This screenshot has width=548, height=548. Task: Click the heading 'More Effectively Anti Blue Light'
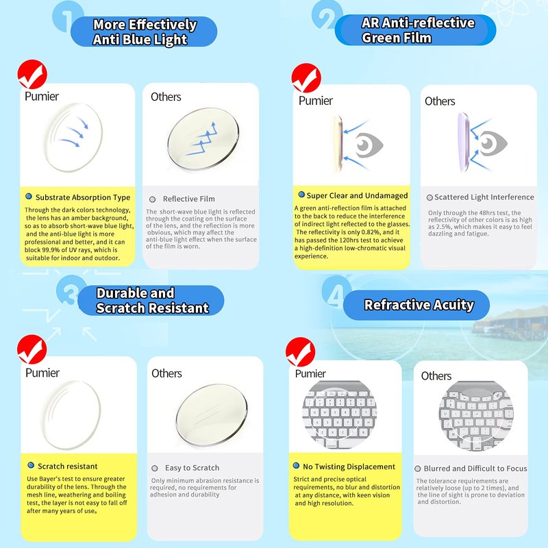point(145,32)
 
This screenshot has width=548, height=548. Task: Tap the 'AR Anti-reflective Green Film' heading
point(418,30)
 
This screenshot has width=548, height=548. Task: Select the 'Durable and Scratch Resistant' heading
point(152,300)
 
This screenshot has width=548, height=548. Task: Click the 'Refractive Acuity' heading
point(419,305)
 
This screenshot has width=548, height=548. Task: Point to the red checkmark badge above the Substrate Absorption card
point(32,74)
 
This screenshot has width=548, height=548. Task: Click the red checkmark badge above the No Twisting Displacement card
point(300,352)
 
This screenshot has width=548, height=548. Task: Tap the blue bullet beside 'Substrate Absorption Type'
point(29,197)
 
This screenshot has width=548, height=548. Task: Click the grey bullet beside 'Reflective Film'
point(152,199)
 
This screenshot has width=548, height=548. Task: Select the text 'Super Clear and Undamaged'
point(357,195)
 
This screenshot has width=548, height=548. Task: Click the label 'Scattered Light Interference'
point(484,197)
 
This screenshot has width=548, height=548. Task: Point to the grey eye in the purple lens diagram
point(493,143)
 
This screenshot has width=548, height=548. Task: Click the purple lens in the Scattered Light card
point(463,142)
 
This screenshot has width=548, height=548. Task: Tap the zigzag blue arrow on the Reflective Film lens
point(201,138)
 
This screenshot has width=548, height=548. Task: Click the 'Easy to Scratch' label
point(192,468)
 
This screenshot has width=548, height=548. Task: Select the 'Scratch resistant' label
point(67,466)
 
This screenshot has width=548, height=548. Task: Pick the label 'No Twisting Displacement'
point(349,466)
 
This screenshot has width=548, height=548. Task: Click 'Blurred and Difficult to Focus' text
point(475,469)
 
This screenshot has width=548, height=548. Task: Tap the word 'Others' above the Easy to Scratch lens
point(166,373)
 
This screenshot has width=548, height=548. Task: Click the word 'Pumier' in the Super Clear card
point(316,101)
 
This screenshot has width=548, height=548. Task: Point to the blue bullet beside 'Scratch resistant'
point(31,465)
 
